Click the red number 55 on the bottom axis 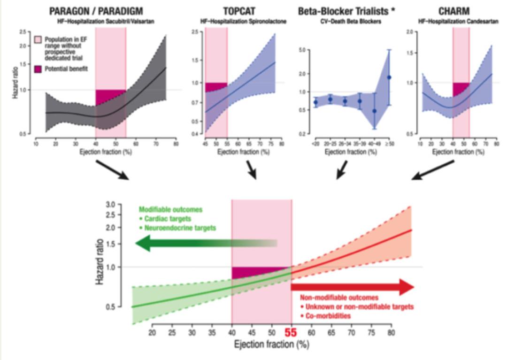pyautogui.click(x=291, y=333)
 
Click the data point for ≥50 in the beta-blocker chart pyautogui.click(x=389, y=77)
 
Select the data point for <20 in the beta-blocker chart pyautogui.click(x=315, y=102)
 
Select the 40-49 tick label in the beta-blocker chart pyautogui.click(x=374, y=143)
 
